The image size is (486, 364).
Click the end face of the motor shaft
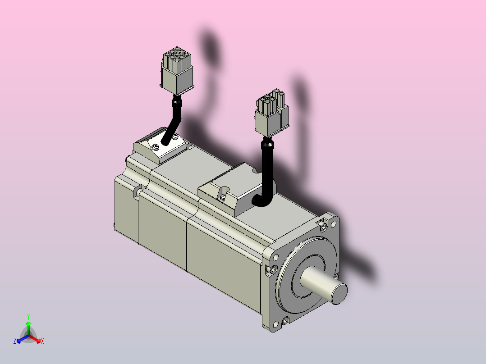click(339, 294)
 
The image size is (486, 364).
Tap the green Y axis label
click(28, 317)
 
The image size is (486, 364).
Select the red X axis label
click(42, 341)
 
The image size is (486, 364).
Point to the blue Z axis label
click(15, 341)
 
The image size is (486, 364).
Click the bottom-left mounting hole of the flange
click(275, 324)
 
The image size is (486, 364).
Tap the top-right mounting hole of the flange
click(334, 223)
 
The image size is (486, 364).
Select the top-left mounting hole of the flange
click(275, 257)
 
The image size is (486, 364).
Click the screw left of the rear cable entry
click(156, 147)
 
